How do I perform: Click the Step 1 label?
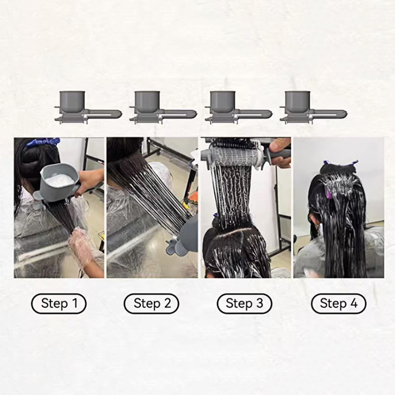pyautogui.click(x=59, y=303)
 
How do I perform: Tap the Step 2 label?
pyautogui.click(x=152, y=303)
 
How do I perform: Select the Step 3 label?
pyautogui.click(x=244, y=303)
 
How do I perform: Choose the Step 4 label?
pyautogui.click(x=339, y=303)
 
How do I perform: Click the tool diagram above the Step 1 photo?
pyautogui.click(x=88, y=108)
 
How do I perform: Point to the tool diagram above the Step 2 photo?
pyautogui.click(x=163, y=108)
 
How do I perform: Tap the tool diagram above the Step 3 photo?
pyautogui.click(x=238, y=108)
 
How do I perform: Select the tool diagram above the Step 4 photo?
pyautogui.click(x=314, y=108)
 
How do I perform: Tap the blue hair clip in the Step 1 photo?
pyautogui.click(x=43, y=142)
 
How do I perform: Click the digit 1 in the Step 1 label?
pyautogui.click(x=75, y=303)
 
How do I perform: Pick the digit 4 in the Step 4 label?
pyautogui.click(x=354, y=303)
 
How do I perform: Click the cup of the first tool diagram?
pyautogui.click(x=72, y=102)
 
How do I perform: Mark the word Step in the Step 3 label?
pyautogui.click(x=239, y=303)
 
